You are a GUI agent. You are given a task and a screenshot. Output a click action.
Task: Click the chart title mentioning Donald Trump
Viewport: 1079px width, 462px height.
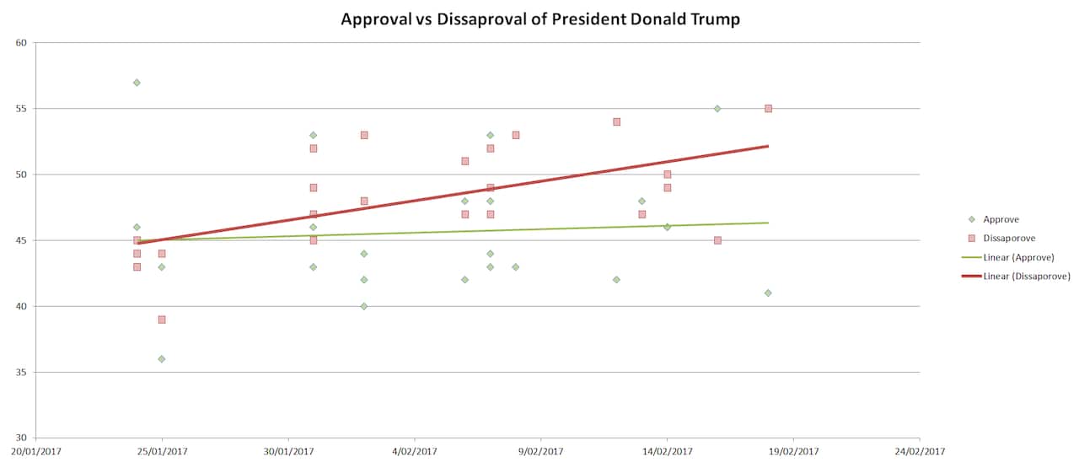(539, 19)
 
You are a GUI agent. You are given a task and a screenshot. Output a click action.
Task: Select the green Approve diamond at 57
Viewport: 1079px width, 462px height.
(137, 83)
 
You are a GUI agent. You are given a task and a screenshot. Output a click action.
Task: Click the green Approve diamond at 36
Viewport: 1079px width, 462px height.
(162, 359)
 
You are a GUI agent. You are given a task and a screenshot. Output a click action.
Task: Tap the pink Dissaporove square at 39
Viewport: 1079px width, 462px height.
(162, 320)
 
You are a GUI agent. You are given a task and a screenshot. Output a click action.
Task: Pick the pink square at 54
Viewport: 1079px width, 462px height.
(616, 121)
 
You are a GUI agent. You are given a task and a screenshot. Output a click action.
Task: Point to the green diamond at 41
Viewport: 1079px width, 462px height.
(768, 293)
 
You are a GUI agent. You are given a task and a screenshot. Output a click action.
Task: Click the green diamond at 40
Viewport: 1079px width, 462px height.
(364, 306)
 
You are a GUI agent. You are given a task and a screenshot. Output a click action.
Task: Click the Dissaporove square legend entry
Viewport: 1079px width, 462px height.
(1008, 239)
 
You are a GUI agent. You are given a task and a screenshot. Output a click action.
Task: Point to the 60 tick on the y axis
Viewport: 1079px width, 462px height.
(22, 43)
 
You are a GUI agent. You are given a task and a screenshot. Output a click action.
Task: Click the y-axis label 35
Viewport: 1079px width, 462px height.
(22, 372)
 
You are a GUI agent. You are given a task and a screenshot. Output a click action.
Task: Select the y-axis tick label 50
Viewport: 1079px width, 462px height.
(22, 175)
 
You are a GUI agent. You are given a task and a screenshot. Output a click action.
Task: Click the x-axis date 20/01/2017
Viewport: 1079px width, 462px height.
(35, 451)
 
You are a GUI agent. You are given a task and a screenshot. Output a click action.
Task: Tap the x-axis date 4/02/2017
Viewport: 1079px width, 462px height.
(415, 451)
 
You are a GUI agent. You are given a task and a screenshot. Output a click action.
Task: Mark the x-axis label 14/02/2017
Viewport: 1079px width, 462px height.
(667, 451)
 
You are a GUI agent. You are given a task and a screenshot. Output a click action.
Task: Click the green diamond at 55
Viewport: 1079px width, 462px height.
(717, 109)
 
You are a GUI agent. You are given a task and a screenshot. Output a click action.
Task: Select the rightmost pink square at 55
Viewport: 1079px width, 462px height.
(768, 109)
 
